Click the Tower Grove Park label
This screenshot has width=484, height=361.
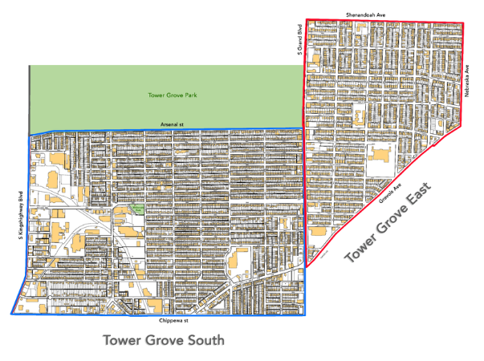click(173, 95)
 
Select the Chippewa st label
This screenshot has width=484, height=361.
click(172, 321)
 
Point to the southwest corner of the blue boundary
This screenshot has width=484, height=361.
click(11, 314)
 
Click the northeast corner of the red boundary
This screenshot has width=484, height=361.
click(464, 21)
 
